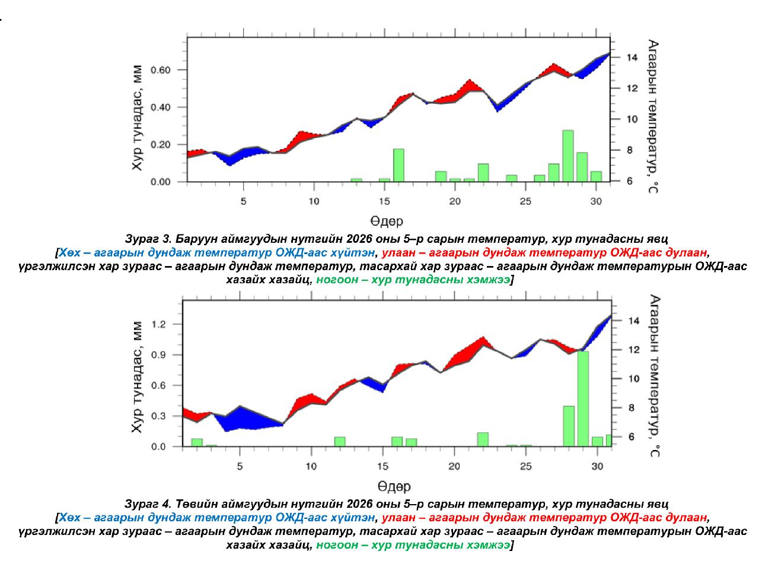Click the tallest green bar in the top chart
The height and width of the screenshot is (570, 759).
567,156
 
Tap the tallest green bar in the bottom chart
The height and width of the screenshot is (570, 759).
583,398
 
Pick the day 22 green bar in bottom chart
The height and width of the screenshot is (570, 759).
483,439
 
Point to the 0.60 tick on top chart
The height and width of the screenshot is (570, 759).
160,70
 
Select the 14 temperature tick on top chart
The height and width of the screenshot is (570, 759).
628,58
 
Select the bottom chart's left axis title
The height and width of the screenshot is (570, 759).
138,378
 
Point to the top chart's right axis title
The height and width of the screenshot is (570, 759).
653,116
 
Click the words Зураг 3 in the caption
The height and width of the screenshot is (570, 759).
148,240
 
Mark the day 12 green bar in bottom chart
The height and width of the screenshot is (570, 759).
340,441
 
